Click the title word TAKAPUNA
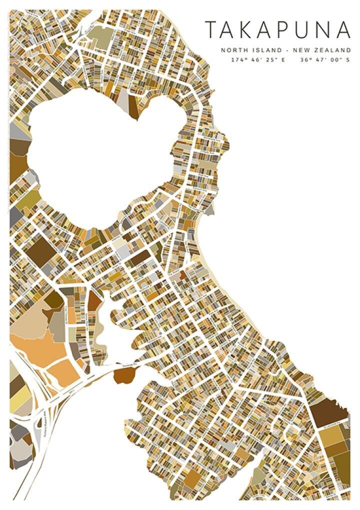278,30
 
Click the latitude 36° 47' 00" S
324,60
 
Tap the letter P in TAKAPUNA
286,30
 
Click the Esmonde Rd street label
131,366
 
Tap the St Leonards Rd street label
330,428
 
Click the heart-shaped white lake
100,155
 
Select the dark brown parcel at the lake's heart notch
133,105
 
